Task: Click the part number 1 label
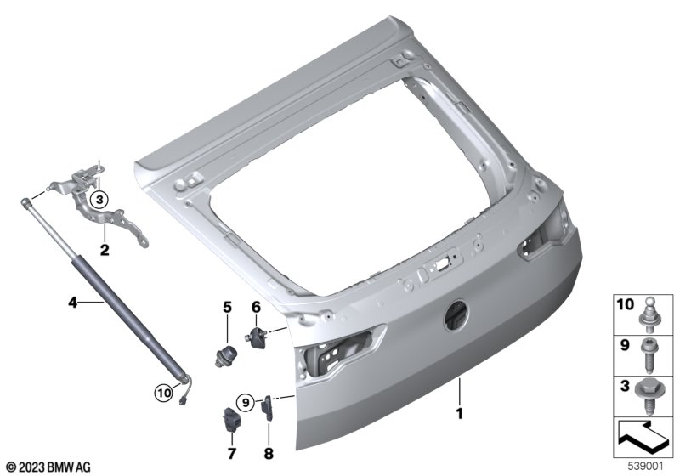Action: (459, 414)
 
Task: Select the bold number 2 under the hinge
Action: (105, 250)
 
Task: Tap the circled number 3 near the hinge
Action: (99, 200)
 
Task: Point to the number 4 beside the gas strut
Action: (73, 302)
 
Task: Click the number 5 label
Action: (227, 308)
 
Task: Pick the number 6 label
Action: (257, 308)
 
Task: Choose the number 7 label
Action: (232, 454)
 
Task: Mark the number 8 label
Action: (269, 454)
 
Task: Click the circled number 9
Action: (246, 403)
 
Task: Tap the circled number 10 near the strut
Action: (164, 394)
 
